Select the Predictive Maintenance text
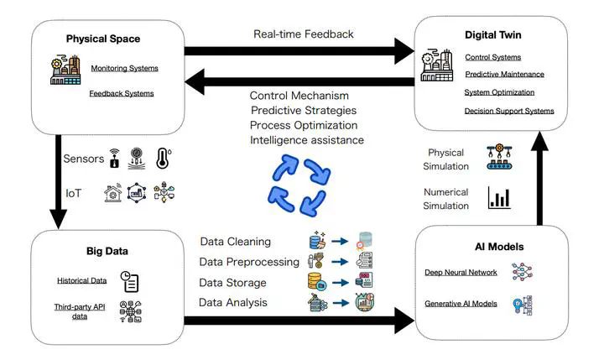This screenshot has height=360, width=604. (504, 75)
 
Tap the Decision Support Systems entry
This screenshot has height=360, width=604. (508, 111)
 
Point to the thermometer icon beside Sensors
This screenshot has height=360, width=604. (163, 159)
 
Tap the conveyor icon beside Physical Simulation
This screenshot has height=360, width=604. (501, 157)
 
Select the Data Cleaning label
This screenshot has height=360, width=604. (235, 242)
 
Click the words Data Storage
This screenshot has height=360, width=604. (232, 283)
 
